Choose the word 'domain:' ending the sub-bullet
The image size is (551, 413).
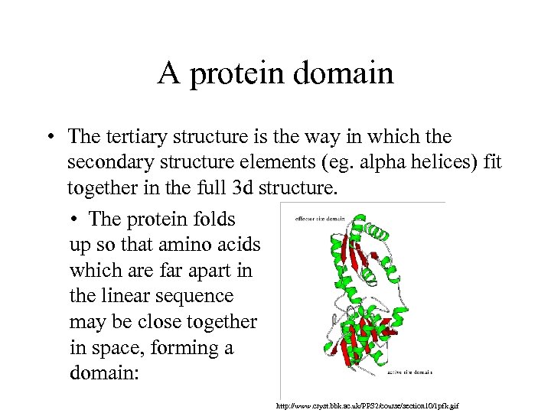100,374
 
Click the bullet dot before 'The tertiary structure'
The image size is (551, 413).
48,138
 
